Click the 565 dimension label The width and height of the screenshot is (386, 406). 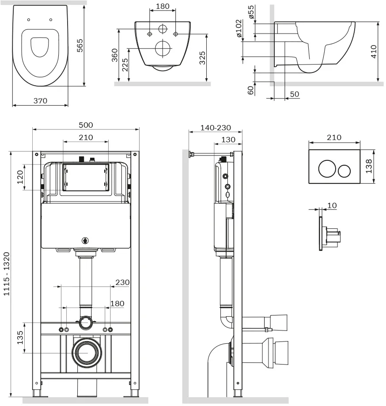click(80, 46)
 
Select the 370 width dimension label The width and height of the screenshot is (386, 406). click(40, 101)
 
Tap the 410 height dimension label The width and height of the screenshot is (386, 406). click(374, 52)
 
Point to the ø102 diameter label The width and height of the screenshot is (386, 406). click(238, 28)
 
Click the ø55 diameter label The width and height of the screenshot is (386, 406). click(251, 12)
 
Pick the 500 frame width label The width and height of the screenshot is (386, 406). click(86, 125)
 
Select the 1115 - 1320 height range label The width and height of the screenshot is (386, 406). click(7, 274)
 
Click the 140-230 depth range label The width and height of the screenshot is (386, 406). click(216, 128)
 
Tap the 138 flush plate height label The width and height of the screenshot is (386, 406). click(368, 166)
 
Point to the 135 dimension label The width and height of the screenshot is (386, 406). click(20, 338)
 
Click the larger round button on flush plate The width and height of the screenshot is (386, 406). click(327, 169)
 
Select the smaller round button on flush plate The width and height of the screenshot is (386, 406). click(344, 171)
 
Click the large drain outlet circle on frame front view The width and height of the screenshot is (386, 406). click(87, 353)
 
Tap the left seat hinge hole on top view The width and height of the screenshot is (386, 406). click(28, 20)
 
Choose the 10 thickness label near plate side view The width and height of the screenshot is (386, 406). click(332, 205)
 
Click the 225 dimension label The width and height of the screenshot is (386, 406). click(125, 65)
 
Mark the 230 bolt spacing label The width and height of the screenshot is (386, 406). click(122, 282)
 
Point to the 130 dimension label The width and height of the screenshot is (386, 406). click(228, 140)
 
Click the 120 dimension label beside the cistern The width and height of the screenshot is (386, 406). click(20, 177)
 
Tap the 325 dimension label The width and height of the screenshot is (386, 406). click(202, 58)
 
